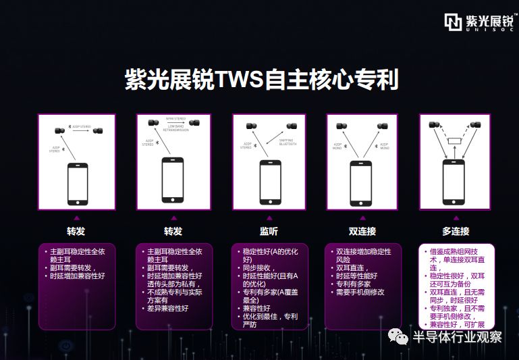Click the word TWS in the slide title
click(x=239, y=80)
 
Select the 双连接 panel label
click(x=362, y=231)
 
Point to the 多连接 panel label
click(x=456, y=231)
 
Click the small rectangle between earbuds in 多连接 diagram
click(x=456, y=140)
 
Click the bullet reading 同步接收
click(x=259, y=267)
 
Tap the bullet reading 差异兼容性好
click(x=168, y=309)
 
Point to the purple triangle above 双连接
click(x=362, y=217)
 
